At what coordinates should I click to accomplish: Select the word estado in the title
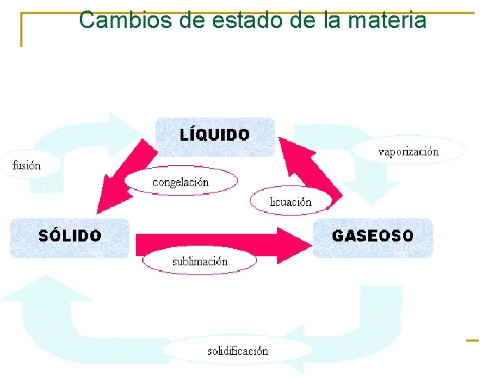[x=238, y=20]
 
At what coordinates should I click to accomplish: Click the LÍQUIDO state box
[x=215, y=135]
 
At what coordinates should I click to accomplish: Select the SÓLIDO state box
[x=70, y=237]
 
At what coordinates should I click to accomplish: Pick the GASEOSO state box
[x=372, y=237]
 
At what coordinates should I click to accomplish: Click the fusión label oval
[x=27, y=165]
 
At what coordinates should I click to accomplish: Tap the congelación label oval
[x=181, y=182]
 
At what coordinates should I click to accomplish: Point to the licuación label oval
[x=290, y=202]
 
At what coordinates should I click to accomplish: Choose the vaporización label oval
[x=409, y=150]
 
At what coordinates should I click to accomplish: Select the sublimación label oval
[x=200, y=262]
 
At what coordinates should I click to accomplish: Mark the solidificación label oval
[x=237, y=351]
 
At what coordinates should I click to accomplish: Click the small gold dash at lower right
[x=472, y=340]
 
